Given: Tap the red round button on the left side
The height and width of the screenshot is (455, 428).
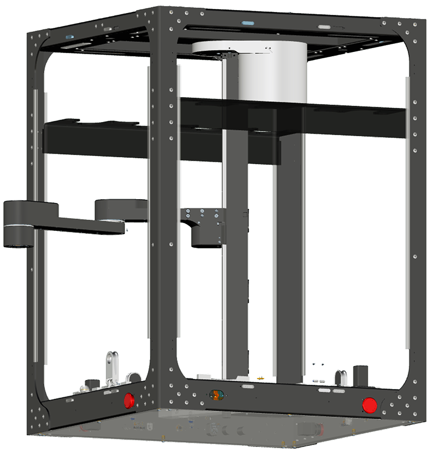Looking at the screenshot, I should click(x=129, y=400).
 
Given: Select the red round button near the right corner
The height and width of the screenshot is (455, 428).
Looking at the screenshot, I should click(x=369, y=405).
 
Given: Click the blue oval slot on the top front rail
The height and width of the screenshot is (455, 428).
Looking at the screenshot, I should click(x=248, y=23).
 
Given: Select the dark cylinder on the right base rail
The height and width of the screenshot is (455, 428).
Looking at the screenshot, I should click(x=361, y=376).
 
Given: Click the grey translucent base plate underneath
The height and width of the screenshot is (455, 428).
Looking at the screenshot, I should click(x=216, y=426).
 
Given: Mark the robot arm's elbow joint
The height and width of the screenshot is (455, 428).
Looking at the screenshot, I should click(x=110, y=212).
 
